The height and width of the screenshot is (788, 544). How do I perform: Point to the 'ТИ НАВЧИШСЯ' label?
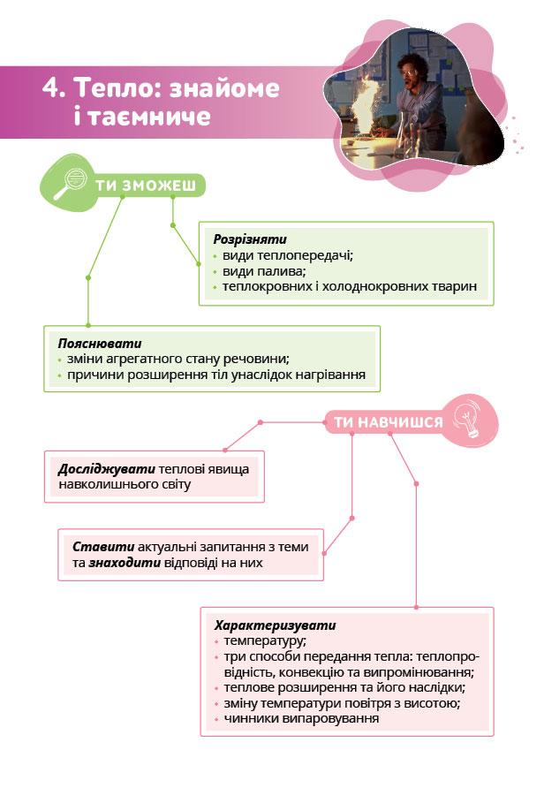388,422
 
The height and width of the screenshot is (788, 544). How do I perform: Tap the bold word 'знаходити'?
125,563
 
